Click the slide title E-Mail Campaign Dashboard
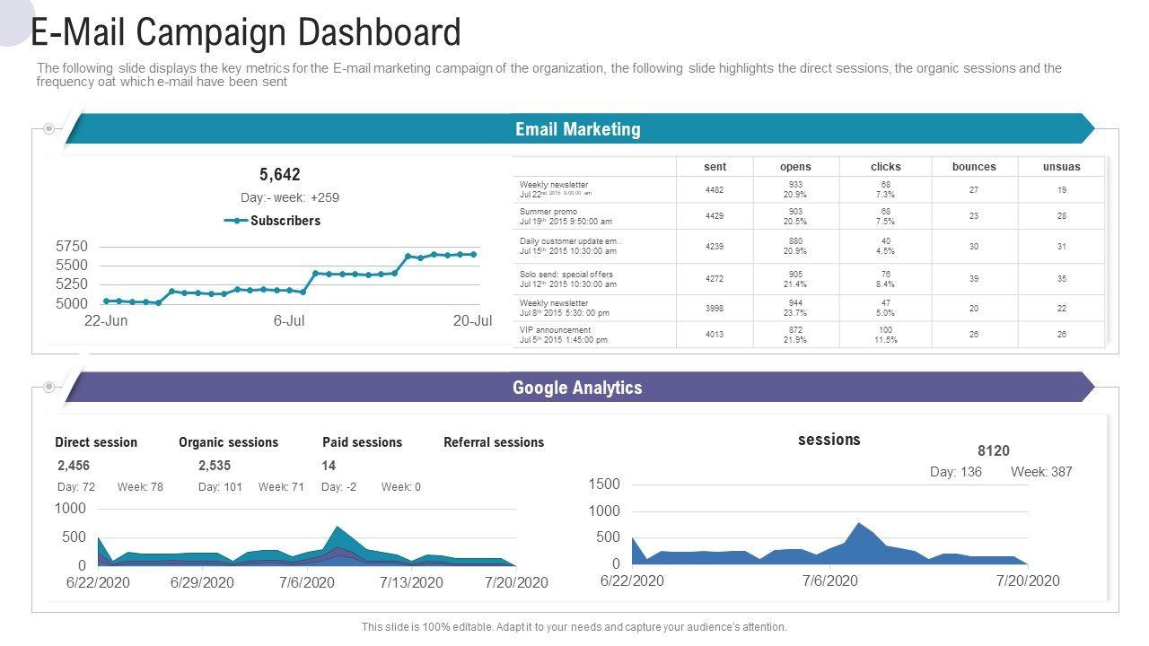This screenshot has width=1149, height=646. [x=246, y=32]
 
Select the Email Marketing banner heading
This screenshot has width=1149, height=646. [x=577, y=129]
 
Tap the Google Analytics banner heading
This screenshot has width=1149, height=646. [x=577, y=388]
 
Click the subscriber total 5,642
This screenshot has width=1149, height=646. [x=280, y=174]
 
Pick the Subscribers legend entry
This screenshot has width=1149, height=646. [x=285, y=221]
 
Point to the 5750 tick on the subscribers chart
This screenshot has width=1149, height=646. [x=72, y=246]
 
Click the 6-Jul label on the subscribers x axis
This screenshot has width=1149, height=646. [x=289, y=320]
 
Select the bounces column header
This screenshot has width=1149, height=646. [x=974, y=166]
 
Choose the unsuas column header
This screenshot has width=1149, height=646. [x=1061, y=166]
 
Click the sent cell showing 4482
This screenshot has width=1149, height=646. [x=715, y=190]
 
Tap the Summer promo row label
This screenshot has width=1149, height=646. [x=548, y=212]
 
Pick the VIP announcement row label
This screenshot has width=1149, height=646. [x=556, y=330]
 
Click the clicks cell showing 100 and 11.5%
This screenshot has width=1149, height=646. [x=885, y=335]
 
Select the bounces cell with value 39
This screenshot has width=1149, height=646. [x=974, y=279]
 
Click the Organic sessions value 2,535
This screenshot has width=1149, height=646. [x=215, y=466]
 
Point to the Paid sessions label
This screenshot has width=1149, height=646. [x=362, y=442]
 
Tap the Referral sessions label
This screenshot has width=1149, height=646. [x=494, y=442]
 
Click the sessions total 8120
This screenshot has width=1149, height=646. [x=993, y=450]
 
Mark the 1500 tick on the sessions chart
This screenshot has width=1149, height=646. [x=604, y=484]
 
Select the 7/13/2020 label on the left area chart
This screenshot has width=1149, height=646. [x=411, y=582]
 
